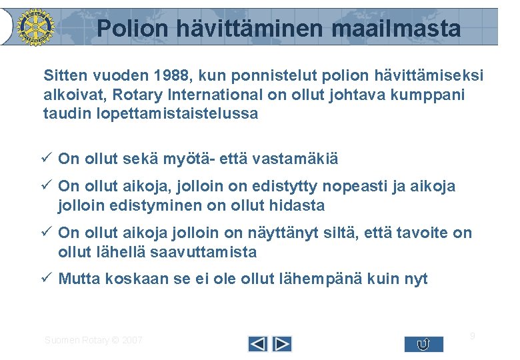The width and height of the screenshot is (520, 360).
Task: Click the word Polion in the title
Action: click(x=132, y=29)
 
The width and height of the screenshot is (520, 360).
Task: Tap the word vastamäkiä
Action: click(x=293, y=159)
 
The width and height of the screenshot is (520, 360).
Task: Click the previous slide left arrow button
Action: click(x=257, y=344)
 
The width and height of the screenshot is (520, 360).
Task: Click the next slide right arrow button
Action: click(x=283, y=344)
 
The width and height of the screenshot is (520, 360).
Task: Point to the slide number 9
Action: click(x=472, y=336)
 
